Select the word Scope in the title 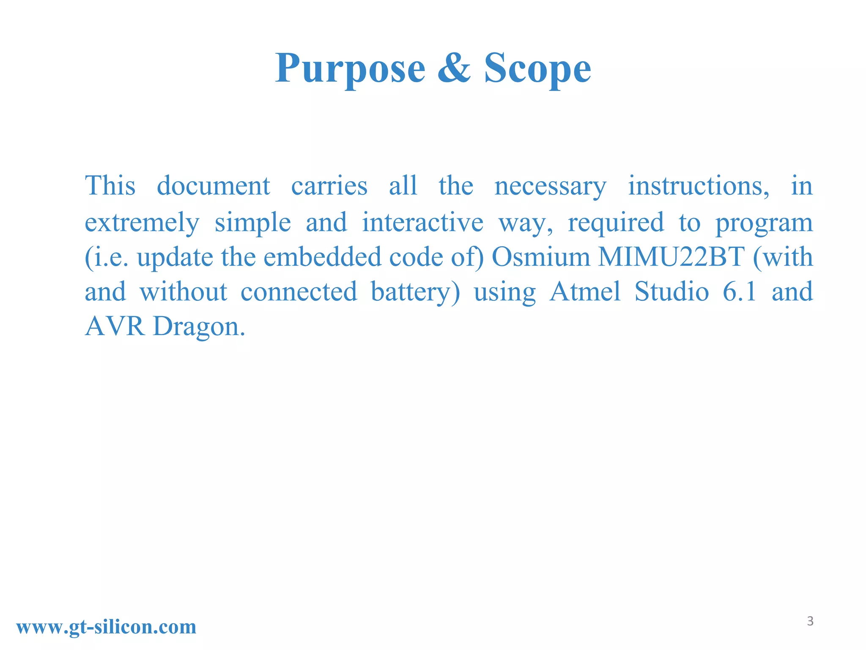(x=537, y=69)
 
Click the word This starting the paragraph (x=110, y=186)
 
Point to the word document (x=213, y=186)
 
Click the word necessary (x=550, y=187)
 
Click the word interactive (x=422, y=222)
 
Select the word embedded (x=322, y=257)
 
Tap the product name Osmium (x=540, y=257)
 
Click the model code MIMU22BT (x=671, y=257)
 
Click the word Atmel (x=585, y=292)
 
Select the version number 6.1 (x=739, y=292)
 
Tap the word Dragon (x=199, y=327)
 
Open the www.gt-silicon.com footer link (x=106, y=627)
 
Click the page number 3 (x=810, y=621)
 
